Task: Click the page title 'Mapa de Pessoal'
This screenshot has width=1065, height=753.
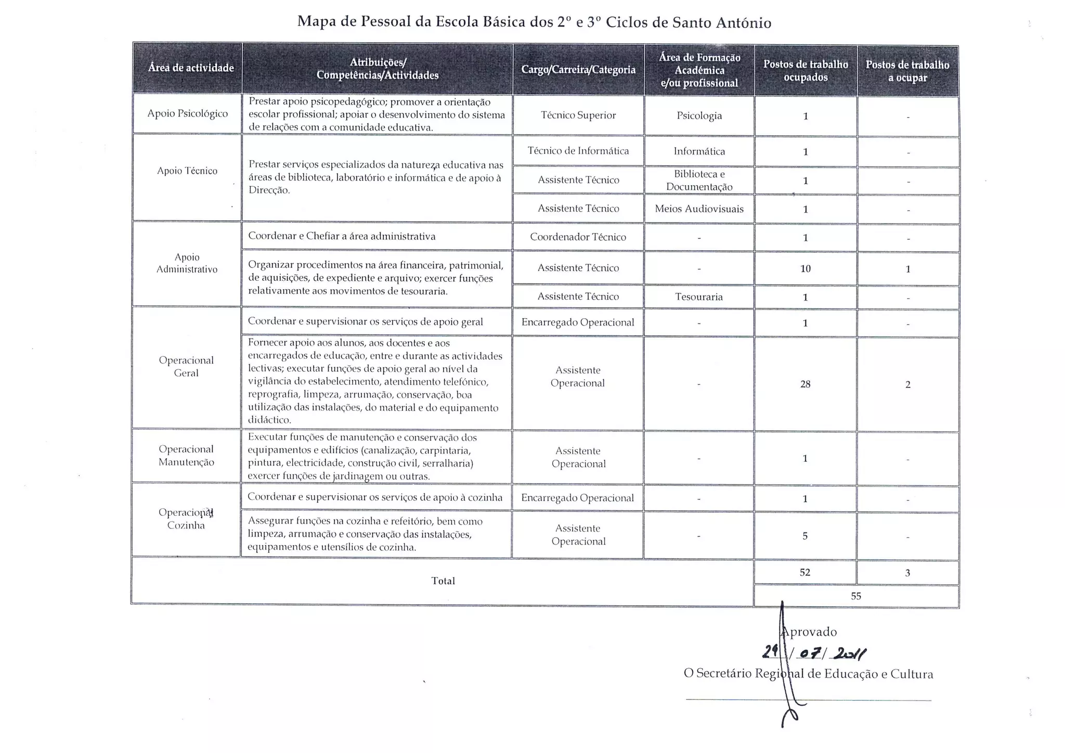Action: coord(534,22)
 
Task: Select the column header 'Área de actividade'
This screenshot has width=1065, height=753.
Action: coord(191,68)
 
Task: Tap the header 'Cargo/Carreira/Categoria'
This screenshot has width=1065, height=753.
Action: coord(578,70)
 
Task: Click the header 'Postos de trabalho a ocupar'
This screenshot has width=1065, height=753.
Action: coord(907,71)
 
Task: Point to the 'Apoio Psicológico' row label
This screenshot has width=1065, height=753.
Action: coord(187,113)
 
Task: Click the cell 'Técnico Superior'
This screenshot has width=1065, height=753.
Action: coord(578,115)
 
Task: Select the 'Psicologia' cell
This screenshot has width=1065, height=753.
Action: coord(699,116)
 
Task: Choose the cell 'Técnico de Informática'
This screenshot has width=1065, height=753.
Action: coord(578,151)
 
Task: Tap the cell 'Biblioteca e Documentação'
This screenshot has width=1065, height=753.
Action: coord(699,180)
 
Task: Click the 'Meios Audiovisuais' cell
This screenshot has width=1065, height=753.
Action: coord(699,209)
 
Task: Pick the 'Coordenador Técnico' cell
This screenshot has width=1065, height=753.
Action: coord(578,237)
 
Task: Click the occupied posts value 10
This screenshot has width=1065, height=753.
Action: coord(805,269)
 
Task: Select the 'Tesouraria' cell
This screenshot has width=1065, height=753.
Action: coord(699,297)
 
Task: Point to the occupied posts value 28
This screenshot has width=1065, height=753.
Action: coord(805,384)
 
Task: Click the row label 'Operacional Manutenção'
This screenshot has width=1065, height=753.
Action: coord(186,456)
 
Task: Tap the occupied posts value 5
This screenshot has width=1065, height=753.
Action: coord(805,536)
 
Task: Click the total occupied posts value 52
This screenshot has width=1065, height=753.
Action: coord(805,573)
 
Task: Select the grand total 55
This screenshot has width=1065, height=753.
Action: coord(856,596)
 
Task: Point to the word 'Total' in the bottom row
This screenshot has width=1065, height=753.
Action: coord(443,581)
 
